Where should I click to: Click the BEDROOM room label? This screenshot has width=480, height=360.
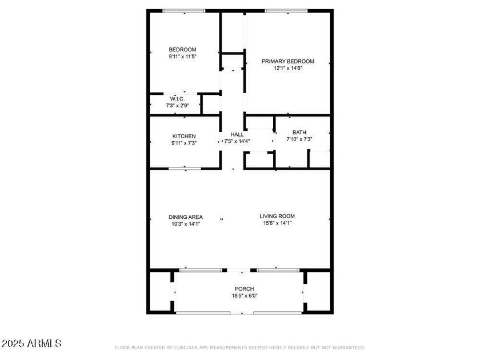point(182,50)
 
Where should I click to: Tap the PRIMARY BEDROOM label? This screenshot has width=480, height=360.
point(288,61)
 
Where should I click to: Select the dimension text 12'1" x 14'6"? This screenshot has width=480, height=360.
point(288,68)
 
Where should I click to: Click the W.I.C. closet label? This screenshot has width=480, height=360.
point(177,99)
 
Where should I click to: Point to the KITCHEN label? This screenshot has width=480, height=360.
point(184,136)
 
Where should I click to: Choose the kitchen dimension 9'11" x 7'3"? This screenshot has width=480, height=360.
point(183,143)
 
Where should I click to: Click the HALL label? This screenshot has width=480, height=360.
point(237,134)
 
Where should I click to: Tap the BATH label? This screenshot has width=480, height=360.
point(299,132)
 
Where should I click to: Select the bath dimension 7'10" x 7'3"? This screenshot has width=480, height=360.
point(299,139)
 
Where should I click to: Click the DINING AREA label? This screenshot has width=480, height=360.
point(186,217)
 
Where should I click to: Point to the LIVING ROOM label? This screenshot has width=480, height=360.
point(277,216)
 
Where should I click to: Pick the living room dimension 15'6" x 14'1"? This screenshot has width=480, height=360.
point(277,223)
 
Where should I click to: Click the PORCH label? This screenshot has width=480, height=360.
point(245,289)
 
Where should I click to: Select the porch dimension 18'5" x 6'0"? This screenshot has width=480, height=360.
point(245,296)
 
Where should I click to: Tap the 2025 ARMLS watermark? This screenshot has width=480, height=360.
point(31,343)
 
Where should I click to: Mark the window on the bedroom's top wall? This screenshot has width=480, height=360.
point(183,11)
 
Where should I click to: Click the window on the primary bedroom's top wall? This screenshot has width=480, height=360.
point(286,11)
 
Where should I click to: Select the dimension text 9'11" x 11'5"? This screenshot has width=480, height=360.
point(182,57)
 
